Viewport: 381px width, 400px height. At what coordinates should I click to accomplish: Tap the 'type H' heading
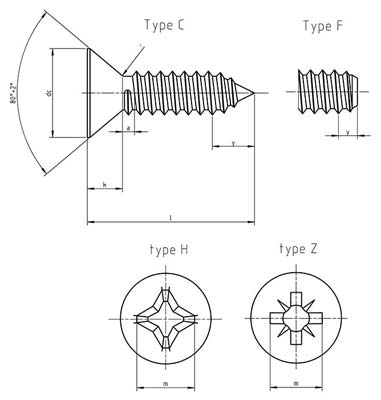(165, 249)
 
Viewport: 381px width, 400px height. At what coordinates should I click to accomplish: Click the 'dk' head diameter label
(48, 96)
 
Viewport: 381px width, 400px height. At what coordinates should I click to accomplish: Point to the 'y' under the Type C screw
(233, 144)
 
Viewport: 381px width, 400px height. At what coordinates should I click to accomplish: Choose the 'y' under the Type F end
(346, 131)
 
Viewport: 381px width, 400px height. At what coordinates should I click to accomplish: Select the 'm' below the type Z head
(299, 382)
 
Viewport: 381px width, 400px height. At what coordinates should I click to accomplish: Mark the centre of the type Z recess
(299, 318)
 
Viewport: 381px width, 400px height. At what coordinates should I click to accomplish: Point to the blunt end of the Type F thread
(356, 96)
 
